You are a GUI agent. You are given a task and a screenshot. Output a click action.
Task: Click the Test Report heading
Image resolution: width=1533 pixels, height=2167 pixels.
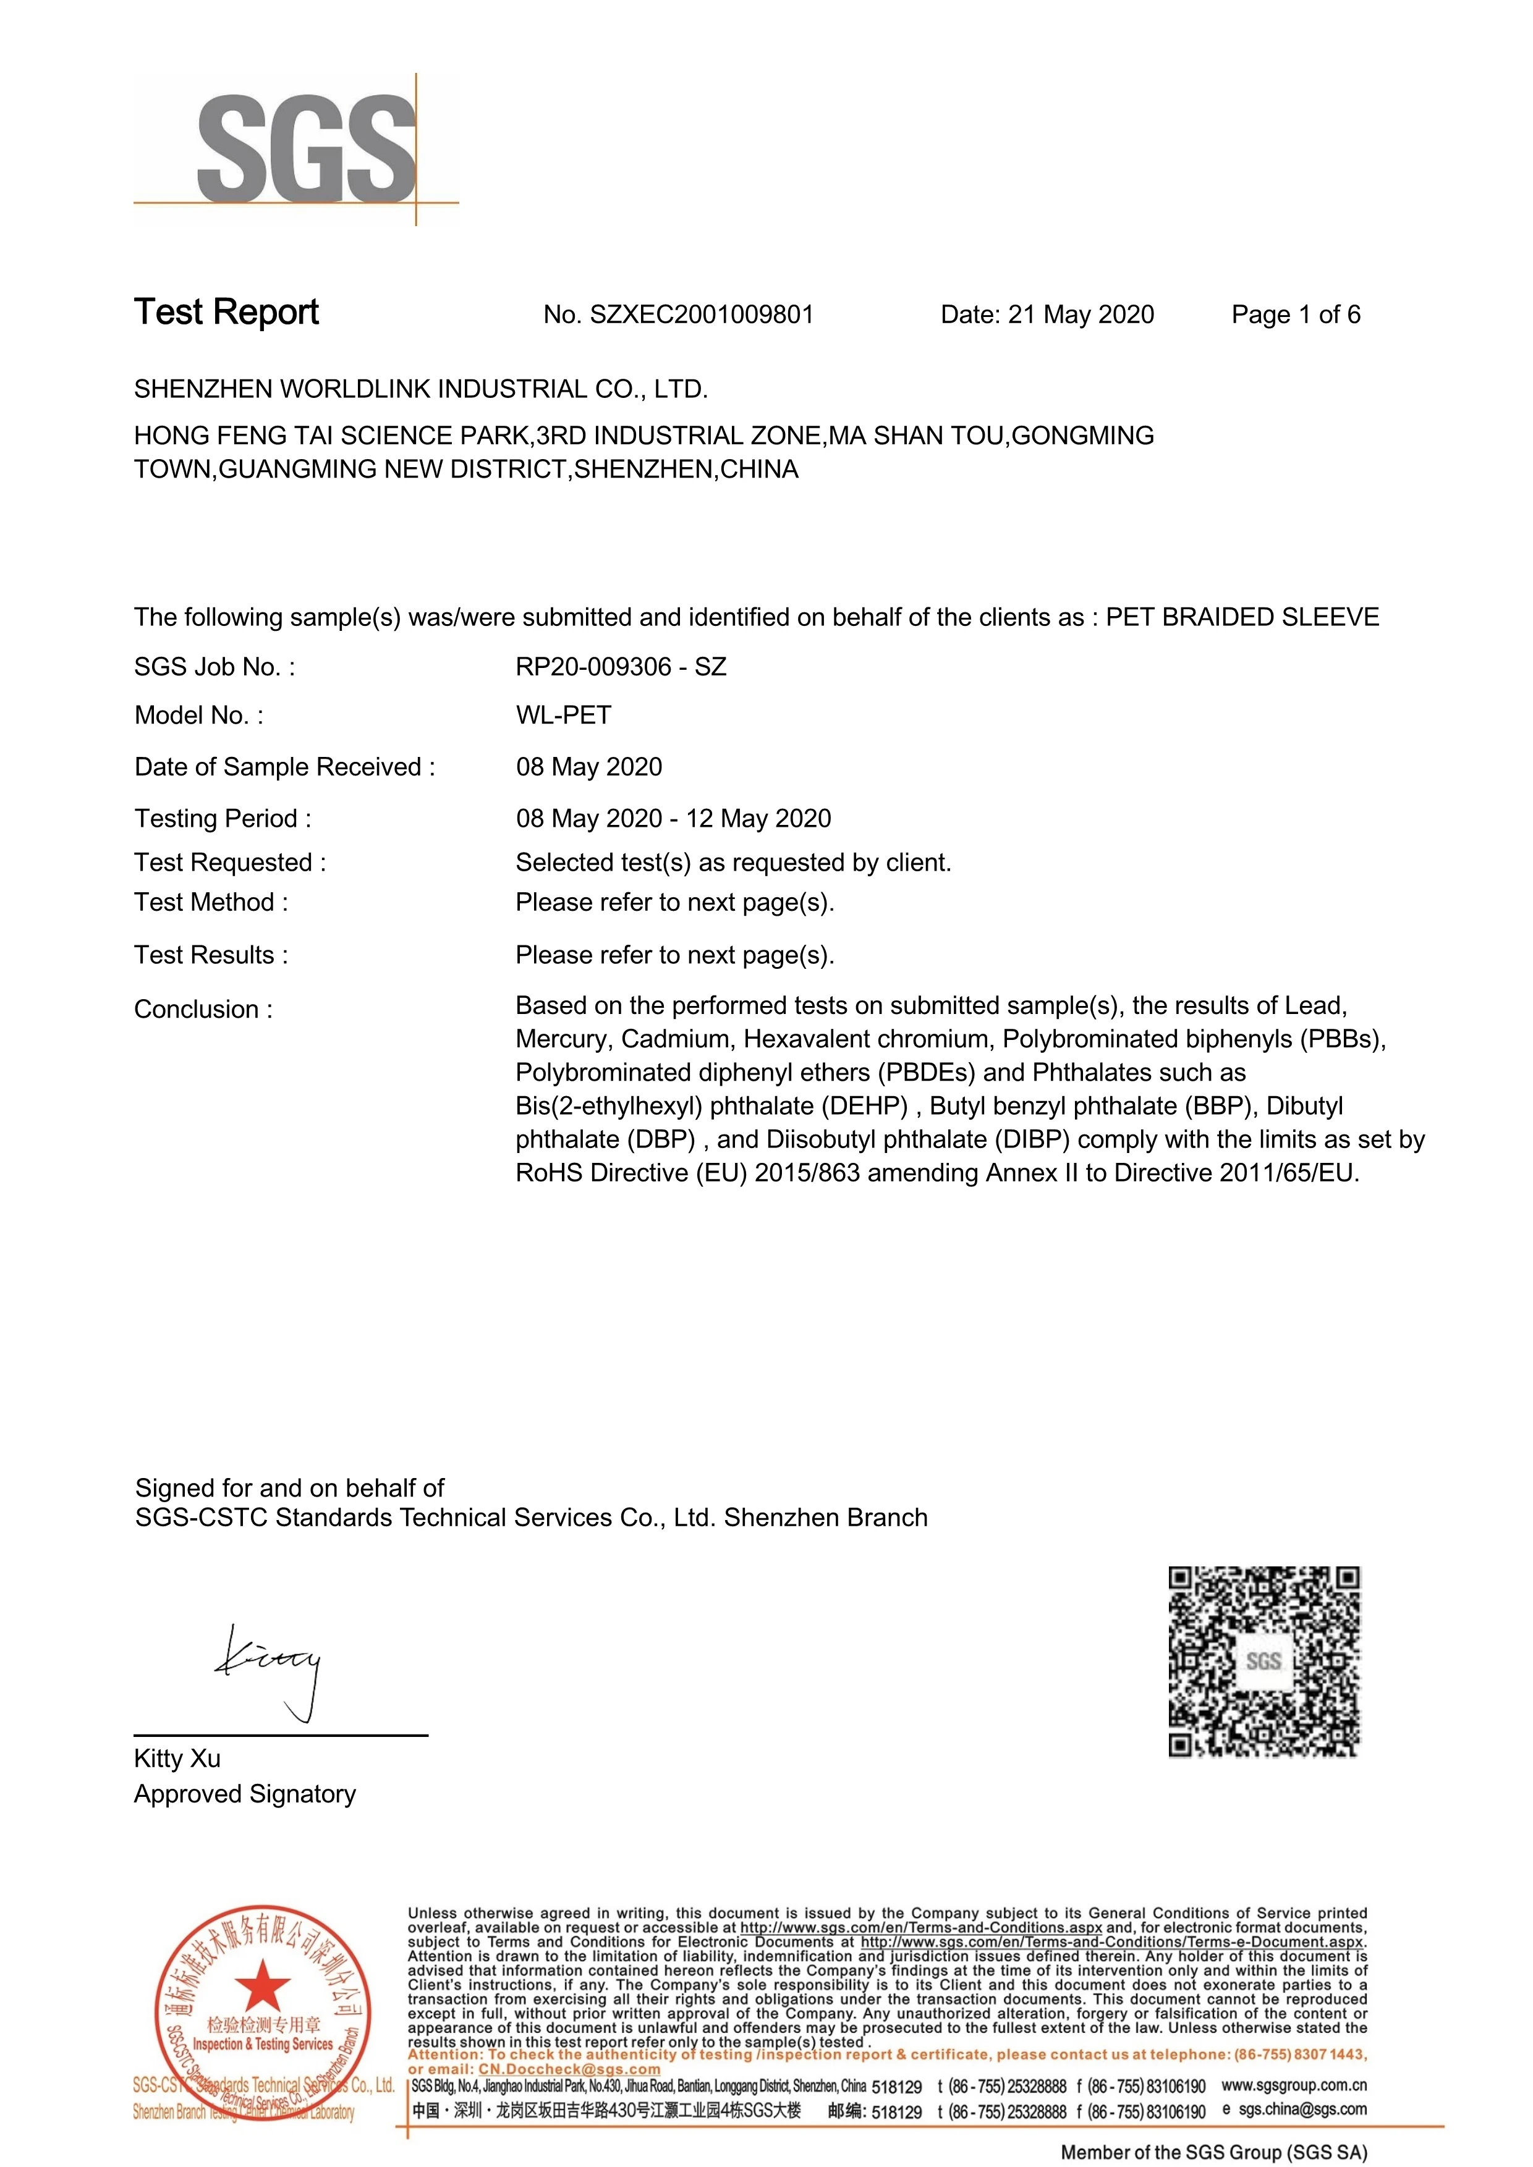coord(227,313)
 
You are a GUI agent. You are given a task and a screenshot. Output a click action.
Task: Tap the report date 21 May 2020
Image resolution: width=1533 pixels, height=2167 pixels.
coord(1081,315)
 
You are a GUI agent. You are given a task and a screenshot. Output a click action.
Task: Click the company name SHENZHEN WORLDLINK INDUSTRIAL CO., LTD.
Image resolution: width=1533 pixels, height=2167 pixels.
coord(421,389)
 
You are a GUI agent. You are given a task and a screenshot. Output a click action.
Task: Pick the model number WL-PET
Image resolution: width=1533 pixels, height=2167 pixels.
coord(564,716)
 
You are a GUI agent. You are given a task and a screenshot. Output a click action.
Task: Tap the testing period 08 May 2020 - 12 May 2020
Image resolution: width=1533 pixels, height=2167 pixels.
coord(673,818)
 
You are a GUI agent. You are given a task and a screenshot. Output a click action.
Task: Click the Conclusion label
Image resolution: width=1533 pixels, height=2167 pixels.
coord(203,1009)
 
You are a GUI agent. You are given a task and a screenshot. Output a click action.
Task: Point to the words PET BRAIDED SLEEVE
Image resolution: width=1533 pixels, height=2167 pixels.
coord(1242,617)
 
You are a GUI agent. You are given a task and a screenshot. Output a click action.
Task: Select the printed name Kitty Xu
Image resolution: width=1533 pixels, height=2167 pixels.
coord(177,1759)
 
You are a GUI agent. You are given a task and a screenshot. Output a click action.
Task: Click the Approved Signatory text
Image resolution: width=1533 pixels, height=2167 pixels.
coord(245,1794)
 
